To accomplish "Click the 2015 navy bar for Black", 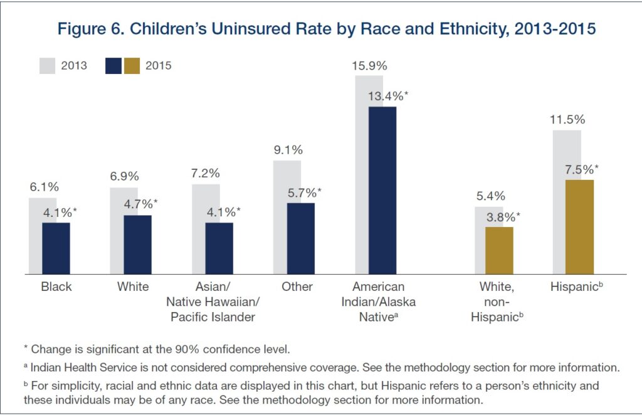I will pos(56,248).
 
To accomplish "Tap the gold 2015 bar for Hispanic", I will pos(579,227).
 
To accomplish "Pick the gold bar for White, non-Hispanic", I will pos(499,251).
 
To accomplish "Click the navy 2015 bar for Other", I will pos(300,238).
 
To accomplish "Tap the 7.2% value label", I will pos(206,173).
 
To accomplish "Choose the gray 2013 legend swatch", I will pos(48,66).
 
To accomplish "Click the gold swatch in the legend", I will pos(132,66).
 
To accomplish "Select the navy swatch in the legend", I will pos(114,66).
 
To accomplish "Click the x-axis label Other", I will pos(297,286).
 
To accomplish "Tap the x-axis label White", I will pos(133,286).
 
